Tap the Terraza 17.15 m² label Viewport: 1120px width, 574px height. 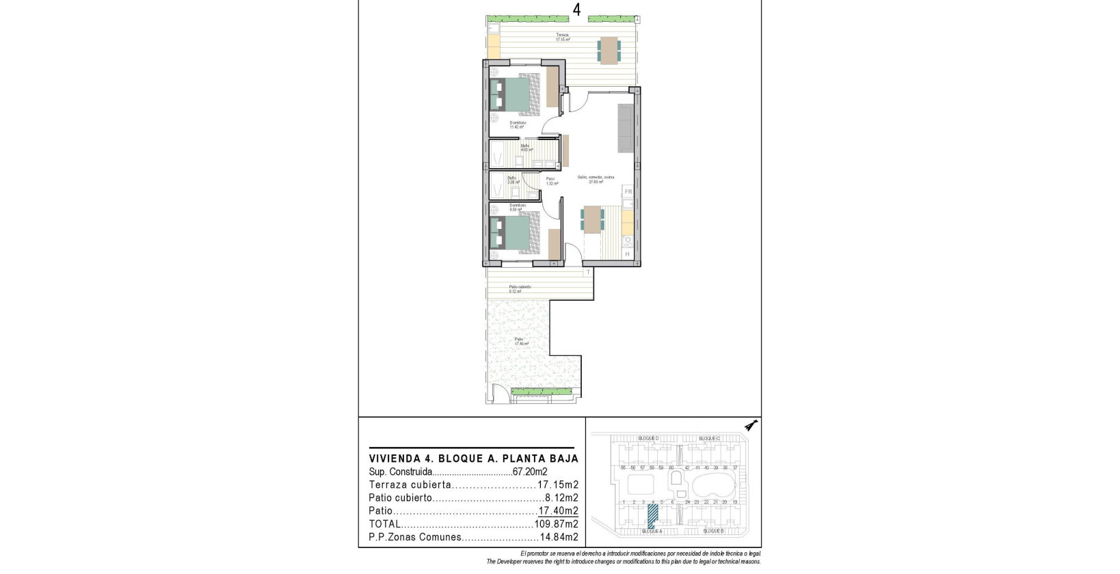(562, 38)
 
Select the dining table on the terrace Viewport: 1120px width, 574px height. (609, 51)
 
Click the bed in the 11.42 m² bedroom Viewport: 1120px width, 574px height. (514, 95)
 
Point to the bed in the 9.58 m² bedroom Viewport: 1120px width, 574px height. (514, 233)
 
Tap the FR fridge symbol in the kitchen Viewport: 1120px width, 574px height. (628, 192)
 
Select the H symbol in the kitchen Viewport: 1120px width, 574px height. (627, 254)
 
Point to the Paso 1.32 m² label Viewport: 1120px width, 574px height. (552, 181)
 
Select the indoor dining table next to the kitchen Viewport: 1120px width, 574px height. (592, 220)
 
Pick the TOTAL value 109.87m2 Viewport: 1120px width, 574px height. (556, 524)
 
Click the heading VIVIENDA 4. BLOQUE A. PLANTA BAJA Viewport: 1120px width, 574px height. (473, 459)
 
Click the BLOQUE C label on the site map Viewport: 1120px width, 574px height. (708, 438)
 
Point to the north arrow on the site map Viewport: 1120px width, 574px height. (751, 426)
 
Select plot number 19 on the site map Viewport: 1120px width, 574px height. (734, 502)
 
